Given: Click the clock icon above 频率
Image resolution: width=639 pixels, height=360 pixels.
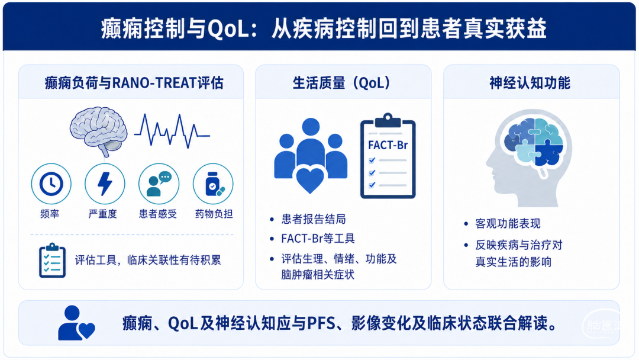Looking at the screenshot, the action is (51, 184).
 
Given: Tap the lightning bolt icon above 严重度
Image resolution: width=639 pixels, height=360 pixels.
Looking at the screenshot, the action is (105, 184).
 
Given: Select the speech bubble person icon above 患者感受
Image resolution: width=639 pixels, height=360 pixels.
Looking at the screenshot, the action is (159, 184).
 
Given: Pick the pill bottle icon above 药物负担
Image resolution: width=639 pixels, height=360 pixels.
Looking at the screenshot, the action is (213, 184).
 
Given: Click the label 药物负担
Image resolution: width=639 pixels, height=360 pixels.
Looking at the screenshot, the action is (214, 214).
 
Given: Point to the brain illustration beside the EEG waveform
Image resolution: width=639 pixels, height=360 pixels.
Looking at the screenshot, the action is (98, 131).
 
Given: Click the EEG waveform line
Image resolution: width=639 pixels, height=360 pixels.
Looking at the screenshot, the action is (172, 131).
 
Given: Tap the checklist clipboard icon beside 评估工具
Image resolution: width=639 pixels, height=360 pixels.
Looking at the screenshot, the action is (52, 261).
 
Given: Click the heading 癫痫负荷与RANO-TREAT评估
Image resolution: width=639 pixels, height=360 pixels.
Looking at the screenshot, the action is (134, 83).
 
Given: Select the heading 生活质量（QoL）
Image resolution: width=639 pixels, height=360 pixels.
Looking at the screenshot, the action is (341, 83).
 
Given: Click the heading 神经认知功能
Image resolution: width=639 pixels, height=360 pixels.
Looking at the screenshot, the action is (530, 83).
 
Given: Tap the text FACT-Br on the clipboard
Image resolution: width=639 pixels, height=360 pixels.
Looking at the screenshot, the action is (388, 145).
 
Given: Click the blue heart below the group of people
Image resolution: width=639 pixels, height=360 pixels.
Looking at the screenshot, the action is (309, 180).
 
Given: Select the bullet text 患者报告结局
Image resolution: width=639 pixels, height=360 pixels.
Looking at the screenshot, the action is (314, 219).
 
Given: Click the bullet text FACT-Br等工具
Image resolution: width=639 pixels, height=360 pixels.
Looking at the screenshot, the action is (318, 239).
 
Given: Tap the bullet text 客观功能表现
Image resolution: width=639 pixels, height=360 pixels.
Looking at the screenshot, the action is (508, 223).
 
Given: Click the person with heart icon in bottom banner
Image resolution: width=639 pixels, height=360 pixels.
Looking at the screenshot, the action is (76, 323).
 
